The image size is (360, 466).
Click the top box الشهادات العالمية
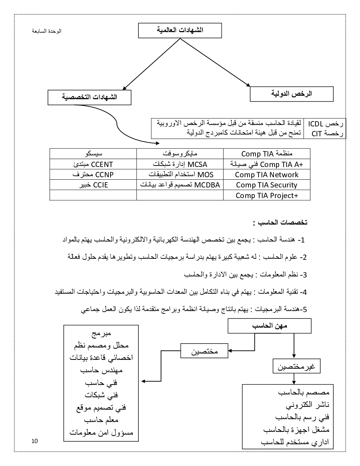tap(180, 30)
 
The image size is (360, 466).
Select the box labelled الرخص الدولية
tap(292, 94)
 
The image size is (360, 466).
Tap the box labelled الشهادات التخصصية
tap(89, 97)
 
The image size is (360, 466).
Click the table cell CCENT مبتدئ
tap(93, 164)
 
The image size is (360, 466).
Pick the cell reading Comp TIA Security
tap(267, 185)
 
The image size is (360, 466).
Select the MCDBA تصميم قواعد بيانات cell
tap(180, 185)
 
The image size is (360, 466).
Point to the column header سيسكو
tap(94, 154)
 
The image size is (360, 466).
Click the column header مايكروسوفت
tap(180, 154)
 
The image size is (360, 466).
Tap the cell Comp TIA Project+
tap(267, 195)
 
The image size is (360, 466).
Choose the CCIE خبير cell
tap(93, 185)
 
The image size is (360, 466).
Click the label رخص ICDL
tap(325, 124)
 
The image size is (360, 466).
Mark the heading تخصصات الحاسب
tap(280, 223)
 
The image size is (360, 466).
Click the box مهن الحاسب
tap(270, 326)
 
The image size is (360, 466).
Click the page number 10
tap(34, 441)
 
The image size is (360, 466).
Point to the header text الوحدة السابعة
tap(47, 31)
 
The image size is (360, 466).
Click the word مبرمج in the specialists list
tap(101, 333)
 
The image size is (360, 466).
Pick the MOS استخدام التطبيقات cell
tap(180, 174)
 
